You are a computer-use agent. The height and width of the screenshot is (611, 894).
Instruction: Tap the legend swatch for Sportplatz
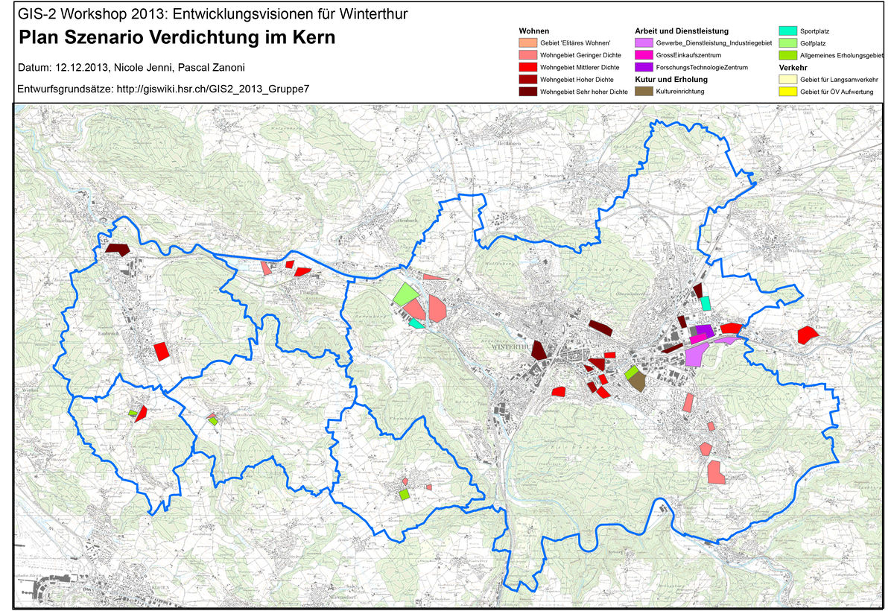coord(787,31)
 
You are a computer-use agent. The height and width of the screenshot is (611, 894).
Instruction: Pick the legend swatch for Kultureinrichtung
coord(644,91)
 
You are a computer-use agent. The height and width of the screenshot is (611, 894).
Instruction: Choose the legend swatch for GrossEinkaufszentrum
coord(644,55)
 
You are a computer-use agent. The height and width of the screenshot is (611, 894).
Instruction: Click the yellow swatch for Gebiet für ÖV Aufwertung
coord(787,91)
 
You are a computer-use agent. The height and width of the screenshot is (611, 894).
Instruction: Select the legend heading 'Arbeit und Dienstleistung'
coord(681,31)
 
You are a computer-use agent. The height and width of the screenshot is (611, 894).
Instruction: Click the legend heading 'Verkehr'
coord(793,67)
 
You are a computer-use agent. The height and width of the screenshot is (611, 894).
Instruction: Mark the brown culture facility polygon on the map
coord(636,382)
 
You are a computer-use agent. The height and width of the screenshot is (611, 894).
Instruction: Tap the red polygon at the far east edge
coord(806,335)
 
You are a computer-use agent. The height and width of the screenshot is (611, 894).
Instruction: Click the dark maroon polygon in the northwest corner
coord(117,249)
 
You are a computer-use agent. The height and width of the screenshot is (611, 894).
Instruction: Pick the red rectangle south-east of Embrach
coord(161,351)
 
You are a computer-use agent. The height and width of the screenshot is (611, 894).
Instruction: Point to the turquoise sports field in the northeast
coord(706,303)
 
